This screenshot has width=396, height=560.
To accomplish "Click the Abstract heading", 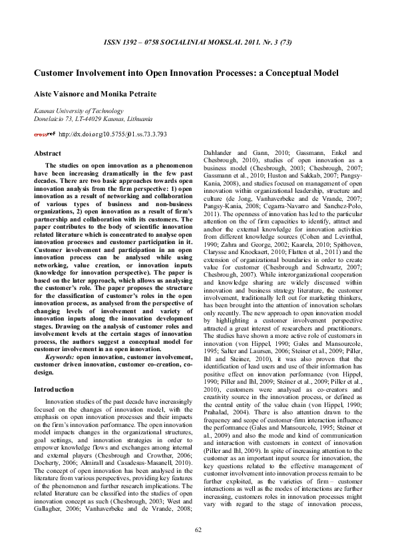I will click(47, 154).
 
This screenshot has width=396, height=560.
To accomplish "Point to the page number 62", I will click(198, 547).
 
